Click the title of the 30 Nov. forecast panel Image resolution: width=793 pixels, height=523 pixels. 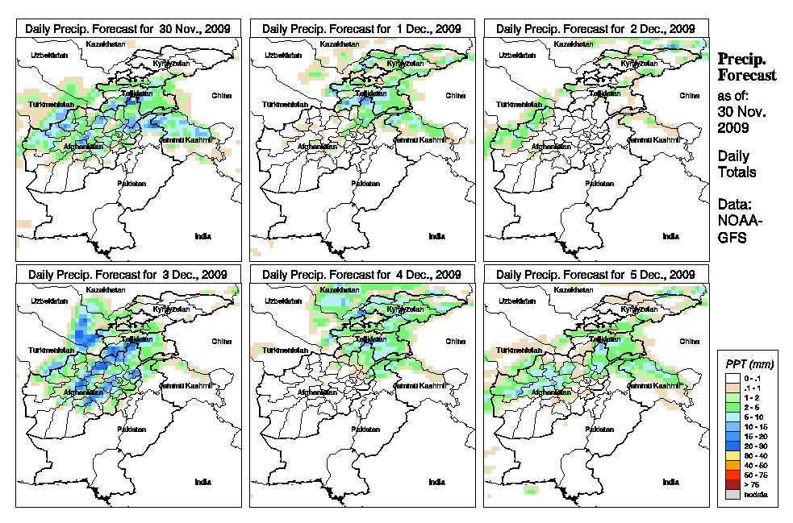tap(128, 28)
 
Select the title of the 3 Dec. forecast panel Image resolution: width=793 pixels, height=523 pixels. tap(128, 274)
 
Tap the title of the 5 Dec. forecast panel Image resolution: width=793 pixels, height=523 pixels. tap(595, 274)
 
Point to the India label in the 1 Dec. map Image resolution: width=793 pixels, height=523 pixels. tap(436, 235)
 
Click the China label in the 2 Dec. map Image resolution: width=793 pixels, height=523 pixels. tap(689, 95)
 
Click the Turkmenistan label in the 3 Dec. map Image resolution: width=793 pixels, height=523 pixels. tap(51, 351)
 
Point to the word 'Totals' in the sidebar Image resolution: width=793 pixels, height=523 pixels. tap(737, 172)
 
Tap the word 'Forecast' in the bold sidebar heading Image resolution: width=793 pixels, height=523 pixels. tap(747, 76)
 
